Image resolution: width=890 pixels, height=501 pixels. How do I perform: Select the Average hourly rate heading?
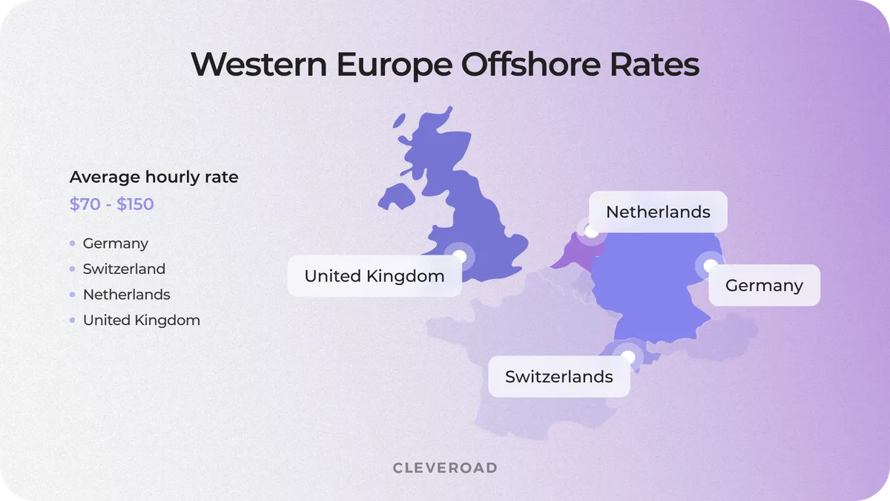[154, 177]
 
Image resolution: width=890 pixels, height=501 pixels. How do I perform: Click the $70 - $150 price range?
[111, 204]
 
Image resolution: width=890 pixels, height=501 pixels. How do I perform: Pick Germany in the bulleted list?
[115, 243]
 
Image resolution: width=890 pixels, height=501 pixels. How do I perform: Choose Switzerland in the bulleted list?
[124, 269]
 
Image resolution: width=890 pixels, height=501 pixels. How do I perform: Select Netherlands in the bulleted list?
[126, 295]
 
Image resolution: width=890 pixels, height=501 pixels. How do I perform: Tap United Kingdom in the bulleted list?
[141, 321]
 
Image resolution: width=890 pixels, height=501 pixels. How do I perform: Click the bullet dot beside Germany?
[72, 243]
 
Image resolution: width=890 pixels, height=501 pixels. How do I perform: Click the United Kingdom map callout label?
[374, 276]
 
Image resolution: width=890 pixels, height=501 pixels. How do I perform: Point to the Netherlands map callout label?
[658, 212]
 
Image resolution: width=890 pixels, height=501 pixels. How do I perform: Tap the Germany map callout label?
[764, 286]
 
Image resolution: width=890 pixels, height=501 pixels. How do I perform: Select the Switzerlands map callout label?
[558, 376]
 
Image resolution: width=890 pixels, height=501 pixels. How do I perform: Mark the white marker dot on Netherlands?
[591, 232]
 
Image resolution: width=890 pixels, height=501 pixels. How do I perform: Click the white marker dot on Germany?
[711, 265]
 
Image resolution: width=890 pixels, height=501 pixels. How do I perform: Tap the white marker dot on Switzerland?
[628, 357]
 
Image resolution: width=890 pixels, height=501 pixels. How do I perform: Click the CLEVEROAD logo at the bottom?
[445, 468]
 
